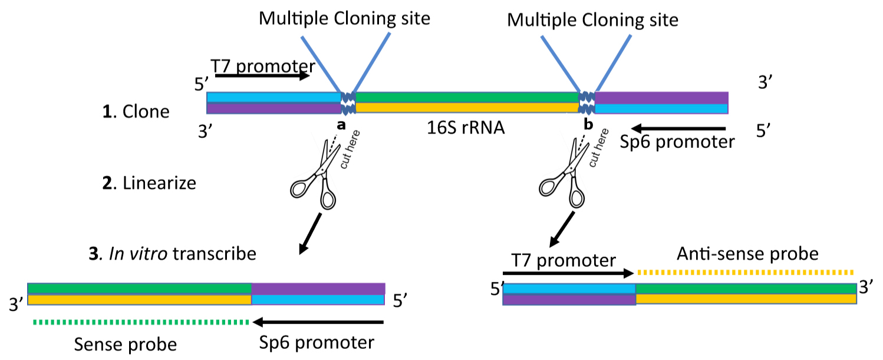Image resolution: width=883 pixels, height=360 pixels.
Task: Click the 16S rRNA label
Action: coord(466,127)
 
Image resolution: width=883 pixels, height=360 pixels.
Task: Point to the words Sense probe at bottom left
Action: coord(125,344)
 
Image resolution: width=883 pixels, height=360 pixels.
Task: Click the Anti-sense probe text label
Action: coord(747,254)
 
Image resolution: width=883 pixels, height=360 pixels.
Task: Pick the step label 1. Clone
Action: coord(136,111)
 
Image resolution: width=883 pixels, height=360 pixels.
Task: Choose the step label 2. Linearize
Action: coord(149,183)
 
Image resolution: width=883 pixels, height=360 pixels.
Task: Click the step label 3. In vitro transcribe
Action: coord(172,254)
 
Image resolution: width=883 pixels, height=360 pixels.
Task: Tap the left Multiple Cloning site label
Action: coord(345,19)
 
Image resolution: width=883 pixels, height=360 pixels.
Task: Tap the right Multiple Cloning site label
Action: coord(592,21)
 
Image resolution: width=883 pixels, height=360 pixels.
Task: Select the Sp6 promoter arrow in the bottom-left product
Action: coord(318,322)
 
